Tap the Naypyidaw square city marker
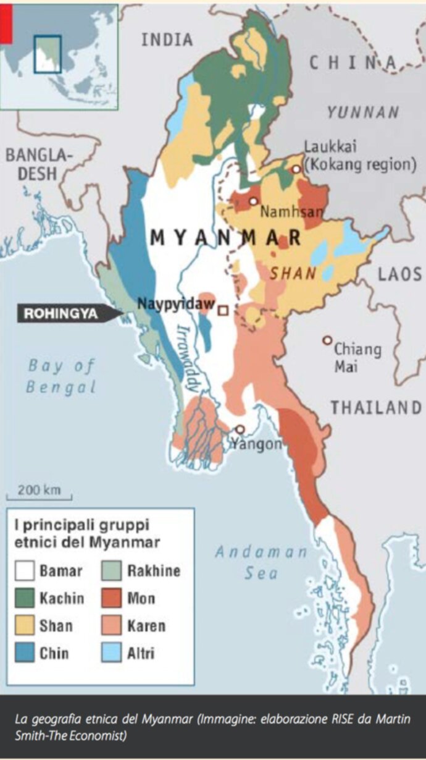tap(223, 310)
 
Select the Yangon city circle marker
tap(240, 429)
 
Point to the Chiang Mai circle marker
tap(327, 340)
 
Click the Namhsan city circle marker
tap(253, 201)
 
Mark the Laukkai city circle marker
tap(296, 168)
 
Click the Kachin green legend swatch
tap(25, 598)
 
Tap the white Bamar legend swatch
tap(25, 570)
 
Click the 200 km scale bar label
tap(39, 490)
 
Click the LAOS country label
tap(399, 274)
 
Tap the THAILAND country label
tap(375, 408)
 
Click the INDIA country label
tap(167, 40)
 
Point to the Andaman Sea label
tap(260, 562)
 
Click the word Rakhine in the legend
tap(154, 570)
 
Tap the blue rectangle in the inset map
tap(48, 54)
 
